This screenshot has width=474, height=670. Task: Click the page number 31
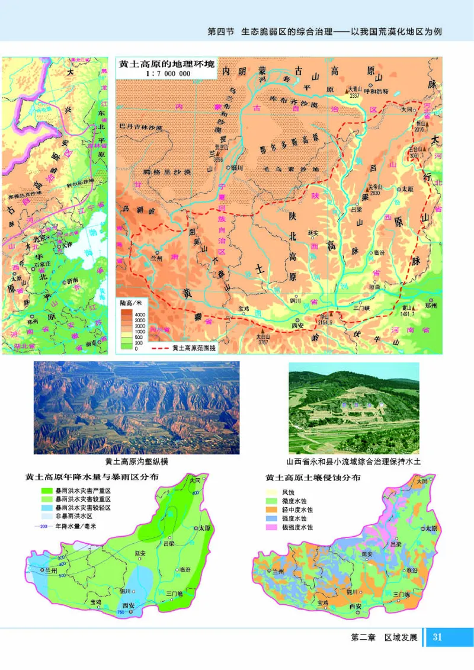tap(438, 637)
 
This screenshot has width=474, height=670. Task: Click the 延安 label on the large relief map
tap(313, 234)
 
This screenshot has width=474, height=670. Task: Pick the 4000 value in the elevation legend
tap(140, 313)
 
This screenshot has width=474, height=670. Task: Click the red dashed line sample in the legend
tap(159, 348)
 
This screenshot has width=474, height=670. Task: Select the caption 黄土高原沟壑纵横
tap(136, 462)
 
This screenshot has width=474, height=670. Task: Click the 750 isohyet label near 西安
tap(121, 611)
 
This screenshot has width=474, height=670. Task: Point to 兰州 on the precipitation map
tap(50, 570)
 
